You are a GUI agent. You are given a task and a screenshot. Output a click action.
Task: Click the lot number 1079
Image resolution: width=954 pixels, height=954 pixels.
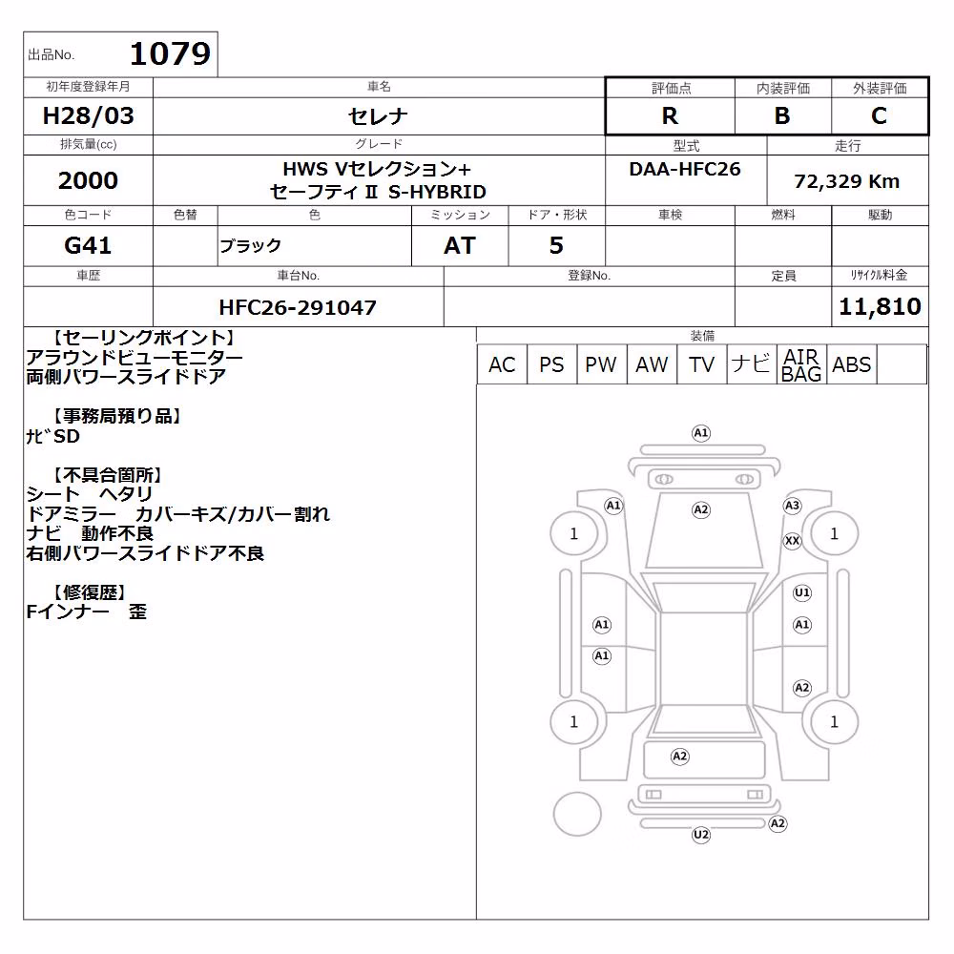click(x=170, y=53)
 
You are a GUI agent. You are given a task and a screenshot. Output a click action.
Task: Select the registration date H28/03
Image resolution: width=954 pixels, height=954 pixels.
click(x=88, y=115)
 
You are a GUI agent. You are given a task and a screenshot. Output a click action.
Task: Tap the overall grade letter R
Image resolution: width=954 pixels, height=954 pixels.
click(x=670, y=115)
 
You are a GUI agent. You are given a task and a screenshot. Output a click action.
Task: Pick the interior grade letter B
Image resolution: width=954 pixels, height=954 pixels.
click(x=782, y=115)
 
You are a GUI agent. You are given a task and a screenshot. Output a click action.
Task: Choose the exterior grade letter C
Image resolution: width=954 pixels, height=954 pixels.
click(x=880, y=115)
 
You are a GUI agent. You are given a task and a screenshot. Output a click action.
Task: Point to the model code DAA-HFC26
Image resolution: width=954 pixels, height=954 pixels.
click(x=685, y=169)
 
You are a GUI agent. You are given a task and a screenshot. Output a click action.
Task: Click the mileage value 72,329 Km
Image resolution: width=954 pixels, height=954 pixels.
click(x=847, y=181)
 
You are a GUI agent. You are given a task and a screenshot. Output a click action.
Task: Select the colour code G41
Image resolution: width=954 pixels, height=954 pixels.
click(x=88, y=245)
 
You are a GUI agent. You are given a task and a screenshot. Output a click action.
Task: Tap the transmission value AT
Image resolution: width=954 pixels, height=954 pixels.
click(x=460, y=245)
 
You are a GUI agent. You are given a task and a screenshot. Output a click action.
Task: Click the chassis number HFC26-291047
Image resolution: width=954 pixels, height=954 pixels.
click(x=298, y=307)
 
